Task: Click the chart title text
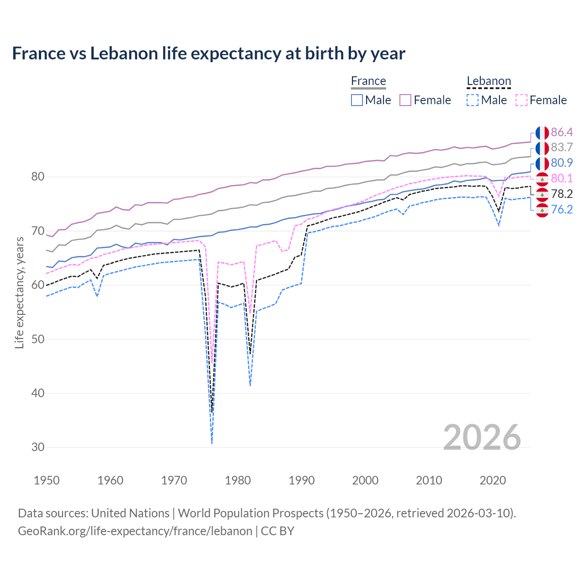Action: tap(208, 53)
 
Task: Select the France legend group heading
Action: tap(368, 81)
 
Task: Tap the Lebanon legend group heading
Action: tap(488, 81)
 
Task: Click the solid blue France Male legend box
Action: tap(357, 100)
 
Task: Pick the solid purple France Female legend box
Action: tap(405, 100)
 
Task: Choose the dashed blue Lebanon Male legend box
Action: tap(473, 100)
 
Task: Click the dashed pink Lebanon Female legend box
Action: tap(521, 100)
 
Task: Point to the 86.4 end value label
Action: tap(562, 133)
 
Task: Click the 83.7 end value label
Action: tap(562, 148)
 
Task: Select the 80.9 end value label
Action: tap(562, 163)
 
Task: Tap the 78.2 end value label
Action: tap(562, 194)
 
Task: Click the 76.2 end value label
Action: tap(562, 210)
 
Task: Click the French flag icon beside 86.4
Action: tap(542, 133)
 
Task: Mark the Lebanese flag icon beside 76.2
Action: tap(542, 210)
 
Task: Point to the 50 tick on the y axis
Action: tap(38, 339)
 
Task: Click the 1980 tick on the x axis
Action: tap(238, 480)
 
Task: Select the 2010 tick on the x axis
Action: tap(429, 480)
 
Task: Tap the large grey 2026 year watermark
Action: tap(482, 437)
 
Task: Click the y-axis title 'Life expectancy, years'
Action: tap(20, 292)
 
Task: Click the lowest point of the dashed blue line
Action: tap(212, 443)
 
